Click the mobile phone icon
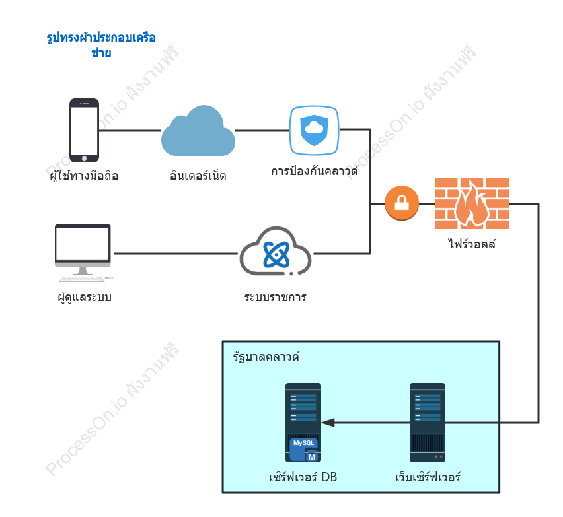[84, 130]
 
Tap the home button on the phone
[84, 158]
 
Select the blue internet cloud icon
[198, 131]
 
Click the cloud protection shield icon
[314, 130]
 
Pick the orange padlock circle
[402, 203]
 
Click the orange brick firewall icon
[472, 203]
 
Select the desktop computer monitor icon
[83, 253]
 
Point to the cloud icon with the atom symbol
[276, 252]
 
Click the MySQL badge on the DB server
[304, 449]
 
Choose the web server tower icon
[428, 423]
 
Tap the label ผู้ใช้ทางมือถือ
[84, 176]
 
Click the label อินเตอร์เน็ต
[198, 176]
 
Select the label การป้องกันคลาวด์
[315, 170]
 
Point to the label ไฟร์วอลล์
[472, 244]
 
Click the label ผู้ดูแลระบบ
[85, 297]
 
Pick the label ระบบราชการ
[275, 297]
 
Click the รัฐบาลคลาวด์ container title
[266, 357]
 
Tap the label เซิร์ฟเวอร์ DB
[303, 477]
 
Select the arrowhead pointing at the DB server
[328, 423]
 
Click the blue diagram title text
[101, 45]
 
